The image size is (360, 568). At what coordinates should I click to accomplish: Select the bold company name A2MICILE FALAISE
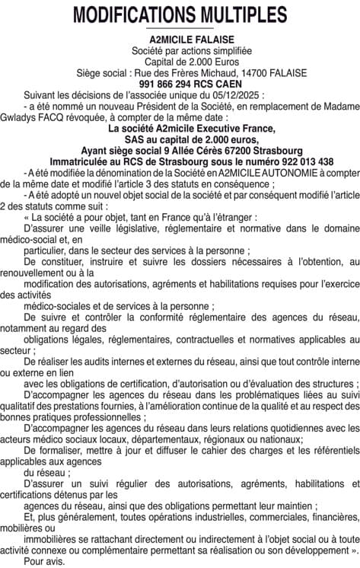point(180,40)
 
